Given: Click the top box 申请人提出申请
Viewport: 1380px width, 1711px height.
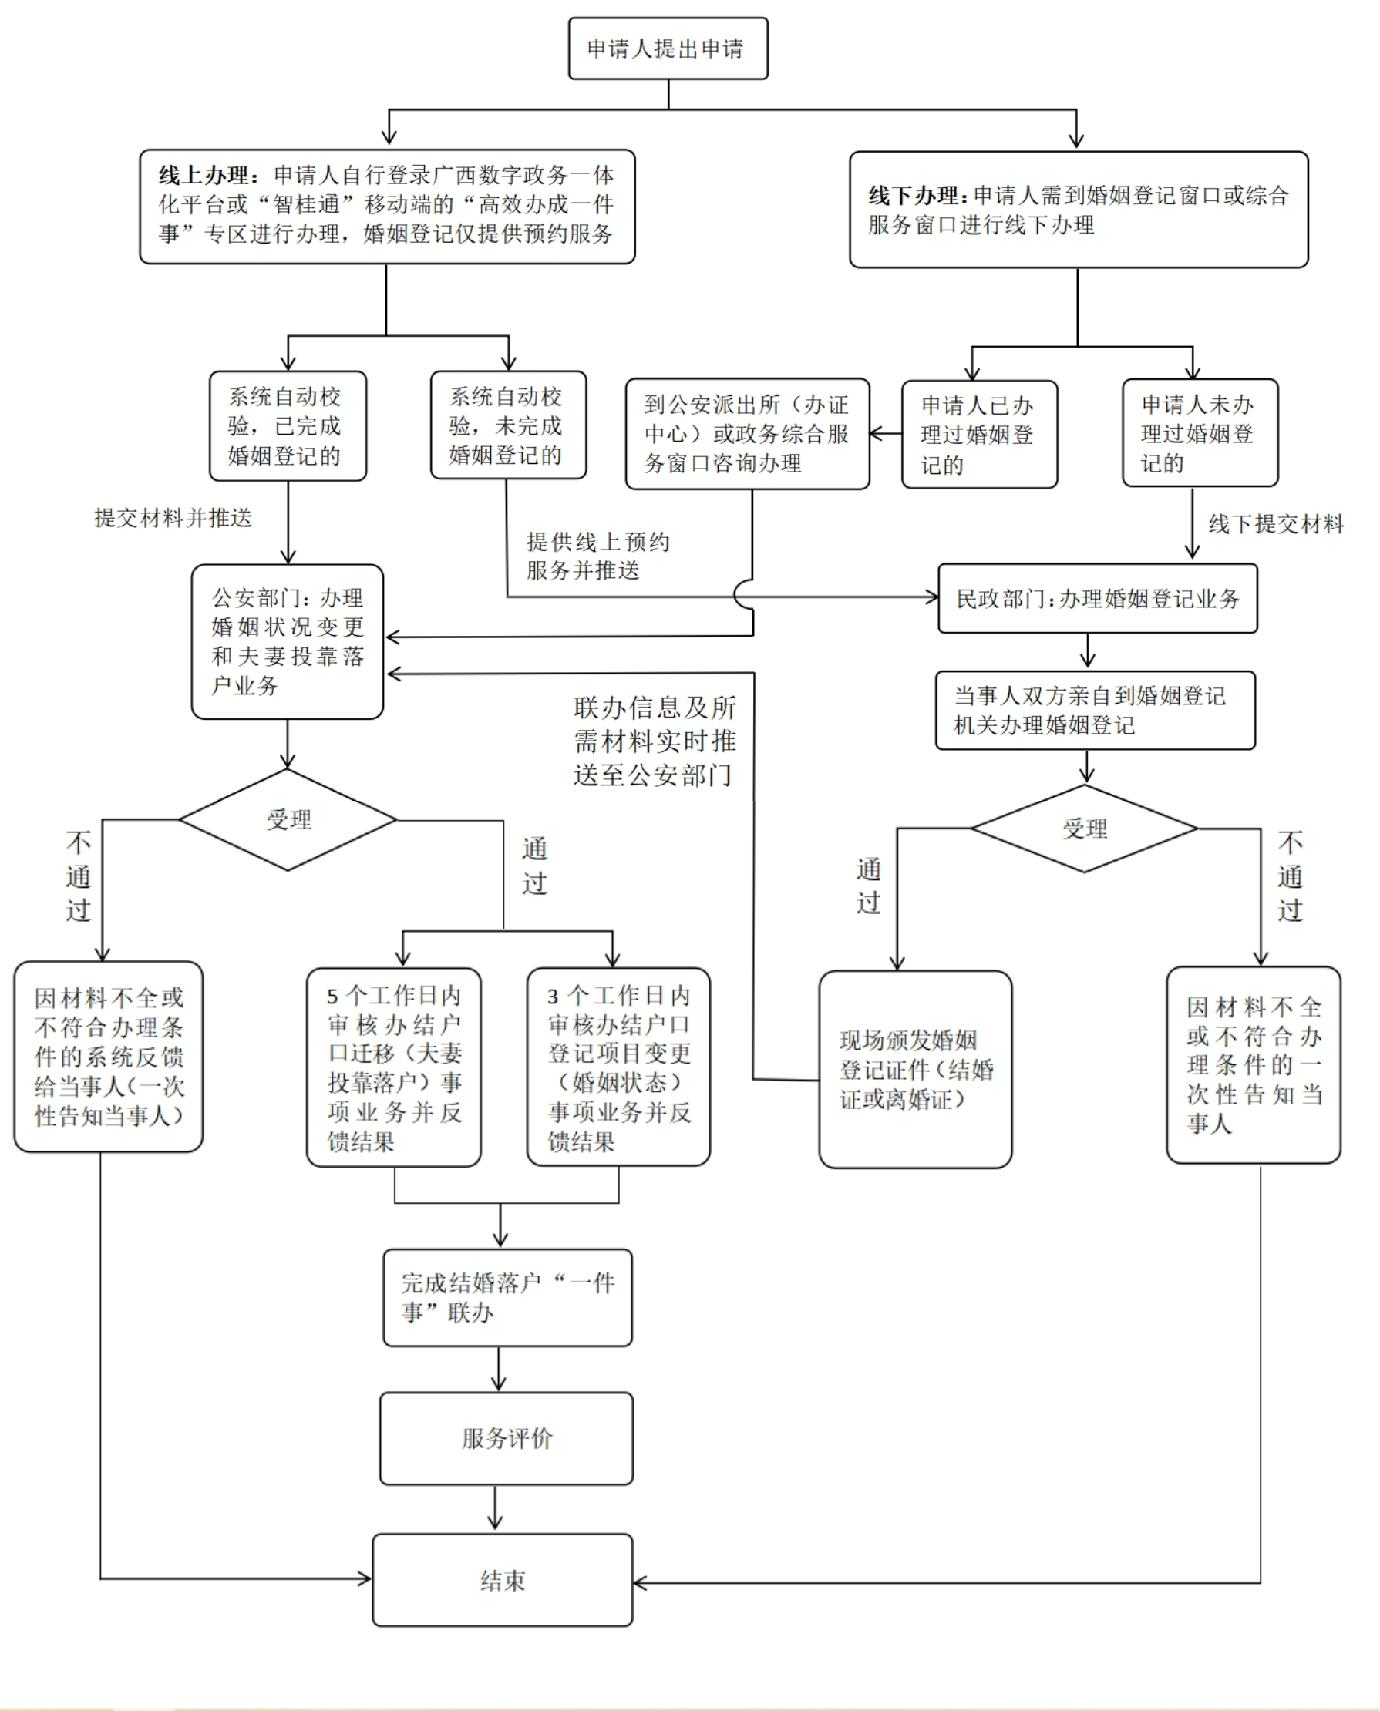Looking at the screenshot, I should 668,49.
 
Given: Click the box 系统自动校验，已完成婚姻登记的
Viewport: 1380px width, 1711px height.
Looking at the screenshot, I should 287,426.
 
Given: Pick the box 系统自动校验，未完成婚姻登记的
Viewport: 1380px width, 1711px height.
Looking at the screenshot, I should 508,425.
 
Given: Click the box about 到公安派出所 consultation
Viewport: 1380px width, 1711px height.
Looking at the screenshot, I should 746,434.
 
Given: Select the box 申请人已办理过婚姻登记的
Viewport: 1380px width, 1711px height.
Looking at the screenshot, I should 978,434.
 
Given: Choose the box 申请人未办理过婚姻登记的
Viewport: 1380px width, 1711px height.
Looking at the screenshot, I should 1200,433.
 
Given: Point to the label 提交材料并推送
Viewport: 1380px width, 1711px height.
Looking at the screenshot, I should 173,517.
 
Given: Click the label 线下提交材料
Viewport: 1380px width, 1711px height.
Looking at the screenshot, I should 1276,524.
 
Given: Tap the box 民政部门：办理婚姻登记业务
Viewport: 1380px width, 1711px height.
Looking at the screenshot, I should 1097,598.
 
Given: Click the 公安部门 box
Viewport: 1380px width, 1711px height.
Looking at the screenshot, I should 287,641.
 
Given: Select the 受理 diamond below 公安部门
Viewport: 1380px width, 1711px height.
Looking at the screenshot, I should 288,819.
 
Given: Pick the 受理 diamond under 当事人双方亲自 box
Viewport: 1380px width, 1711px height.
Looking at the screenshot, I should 1084,829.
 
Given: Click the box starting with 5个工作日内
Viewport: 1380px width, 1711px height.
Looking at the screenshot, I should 393,1067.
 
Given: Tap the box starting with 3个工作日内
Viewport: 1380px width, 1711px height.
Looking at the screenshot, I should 618,1067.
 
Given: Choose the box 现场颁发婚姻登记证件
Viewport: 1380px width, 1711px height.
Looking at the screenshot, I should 915,1069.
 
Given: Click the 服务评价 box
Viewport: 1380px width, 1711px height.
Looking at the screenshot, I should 507,1437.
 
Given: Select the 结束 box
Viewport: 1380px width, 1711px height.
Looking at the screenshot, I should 503,1580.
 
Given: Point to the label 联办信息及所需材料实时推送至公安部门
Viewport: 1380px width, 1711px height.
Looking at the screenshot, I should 655,741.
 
